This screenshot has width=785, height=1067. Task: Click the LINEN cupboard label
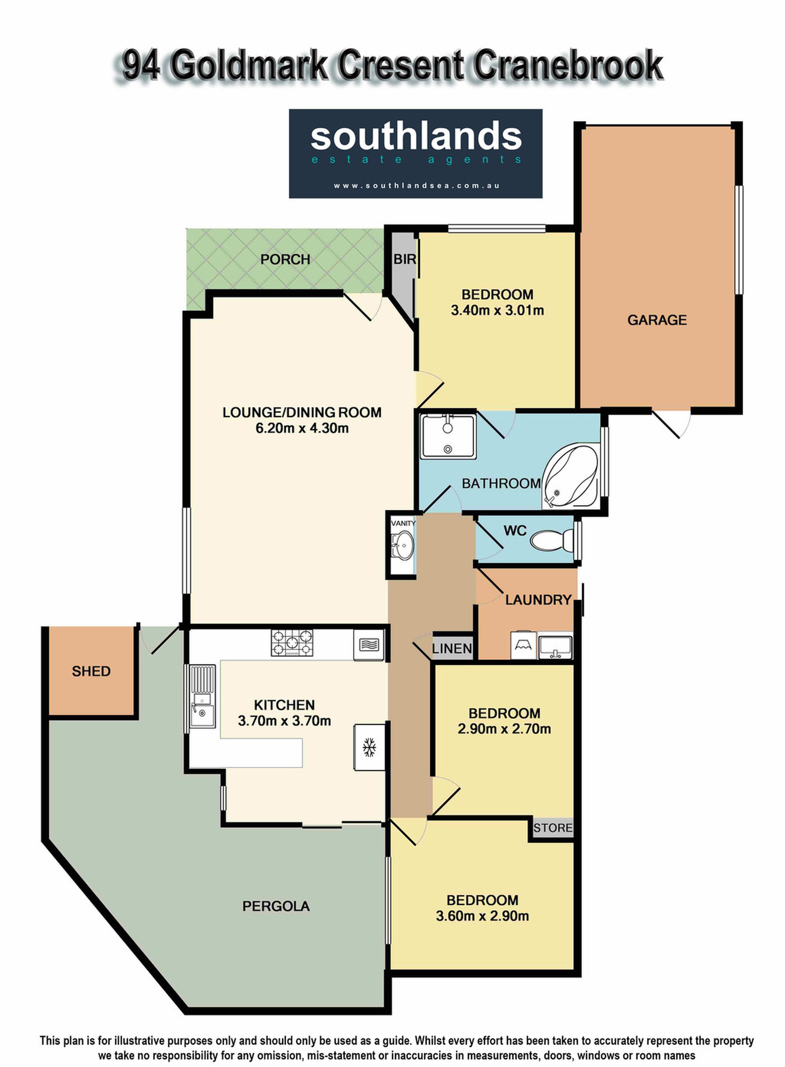[x=452, y=648]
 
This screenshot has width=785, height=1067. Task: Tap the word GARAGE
[x=657, y=320]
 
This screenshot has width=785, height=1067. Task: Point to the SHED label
[x=91, y=671]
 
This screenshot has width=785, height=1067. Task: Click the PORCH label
[x=285, y=259]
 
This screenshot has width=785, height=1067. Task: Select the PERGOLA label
[x=276, y=906]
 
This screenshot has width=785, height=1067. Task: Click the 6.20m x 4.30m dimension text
[x=302, y=428]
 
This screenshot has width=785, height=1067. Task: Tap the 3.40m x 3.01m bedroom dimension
[x=497, y=311]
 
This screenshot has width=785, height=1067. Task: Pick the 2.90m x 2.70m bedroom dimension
[x=504, y=729]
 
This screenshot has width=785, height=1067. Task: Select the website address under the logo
[x=417, y=186]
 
